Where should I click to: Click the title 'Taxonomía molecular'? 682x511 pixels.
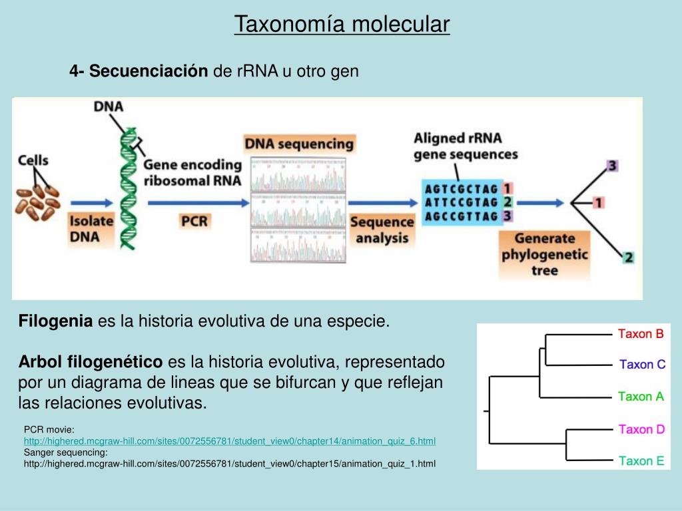click(x=342, y=25)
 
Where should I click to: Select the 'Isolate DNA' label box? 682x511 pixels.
click(x=91, y=228)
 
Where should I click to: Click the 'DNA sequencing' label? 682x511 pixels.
click(x=299, y=144)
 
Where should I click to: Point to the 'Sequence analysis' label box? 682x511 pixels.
click(x=382, y=230)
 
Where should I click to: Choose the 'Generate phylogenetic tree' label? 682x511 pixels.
click(x=544, y=254)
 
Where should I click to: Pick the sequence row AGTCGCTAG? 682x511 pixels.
click(x=462, y=188)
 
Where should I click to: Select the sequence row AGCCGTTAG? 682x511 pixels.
click(x=462, y=216)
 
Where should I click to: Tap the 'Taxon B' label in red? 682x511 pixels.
click(x=641, y=334)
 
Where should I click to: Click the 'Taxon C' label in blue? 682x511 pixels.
click(x=642, y=365)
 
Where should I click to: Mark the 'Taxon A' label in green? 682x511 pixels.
click(x=641, y=397)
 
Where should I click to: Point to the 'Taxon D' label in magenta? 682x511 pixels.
click(x=641, y=429)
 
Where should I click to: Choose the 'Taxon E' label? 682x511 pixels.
click(x=641, y=460)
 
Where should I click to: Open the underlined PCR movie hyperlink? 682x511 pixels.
click(x=230, y=441)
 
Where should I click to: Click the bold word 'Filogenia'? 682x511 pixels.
click(x=55, y=321)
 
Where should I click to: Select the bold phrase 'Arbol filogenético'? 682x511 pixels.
click(x=91, y=363)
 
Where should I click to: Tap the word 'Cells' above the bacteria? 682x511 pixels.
click(x=33, y=160)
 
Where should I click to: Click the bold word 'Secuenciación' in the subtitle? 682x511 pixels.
click(x=149, y=71)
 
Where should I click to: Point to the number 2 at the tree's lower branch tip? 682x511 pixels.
click(x=628, y=257)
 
